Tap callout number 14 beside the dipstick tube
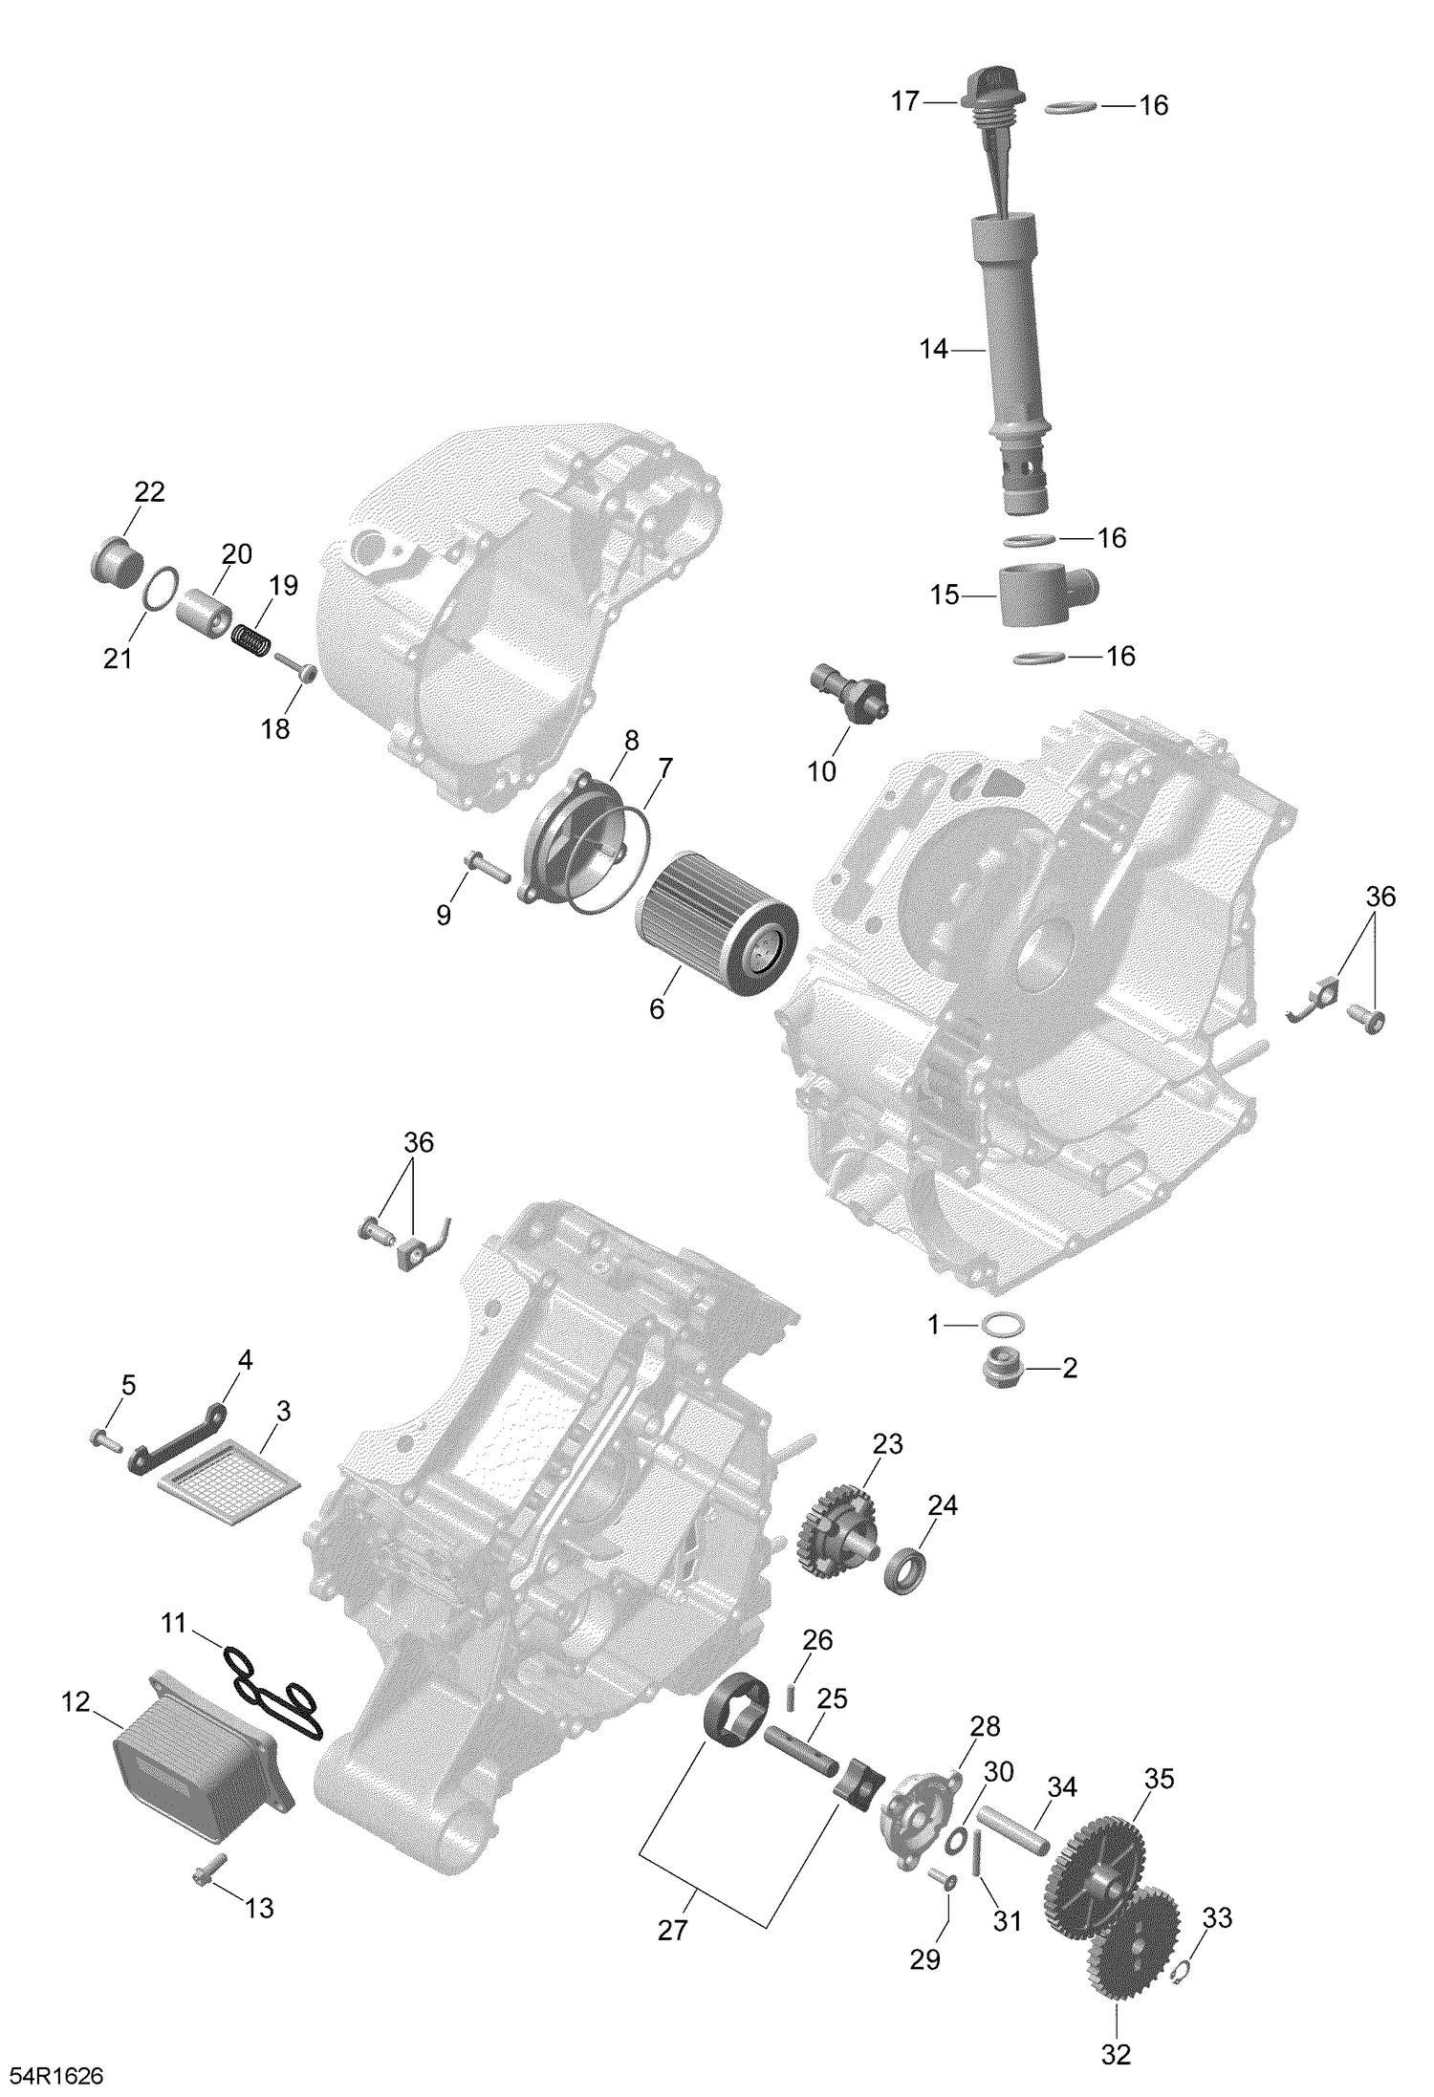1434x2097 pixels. (933, 350)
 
